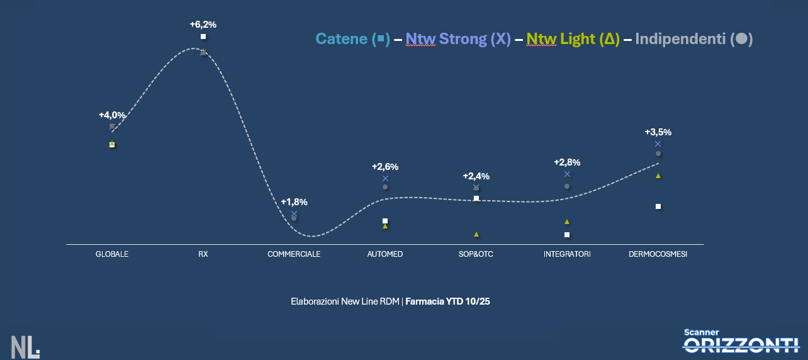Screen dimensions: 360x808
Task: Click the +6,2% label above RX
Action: (203, 25)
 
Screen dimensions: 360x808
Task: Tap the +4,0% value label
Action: (112, 115)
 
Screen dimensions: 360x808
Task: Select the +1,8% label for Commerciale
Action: (294, 202)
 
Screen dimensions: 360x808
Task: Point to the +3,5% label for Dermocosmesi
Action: (658, 132)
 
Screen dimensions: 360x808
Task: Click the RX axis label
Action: (203, 254)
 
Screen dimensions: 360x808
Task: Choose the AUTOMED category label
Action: (384, 254)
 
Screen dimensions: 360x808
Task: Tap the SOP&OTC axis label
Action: (476, 254)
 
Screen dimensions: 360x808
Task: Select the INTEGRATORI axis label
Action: (567, 254)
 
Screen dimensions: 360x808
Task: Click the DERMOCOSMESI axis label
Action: (658, 254)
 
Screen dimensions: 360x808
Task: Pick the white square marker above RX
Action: (203, 37)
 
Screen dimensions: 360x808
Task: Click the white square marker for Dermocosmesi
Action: (658, 206)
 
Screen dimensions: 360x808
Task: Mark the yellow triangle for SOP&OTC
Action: (476, 234)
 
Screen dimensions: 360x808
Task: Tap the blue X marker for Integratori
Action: (567, 174)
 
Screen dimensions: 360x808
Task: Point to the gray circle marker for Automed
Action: (385, 187)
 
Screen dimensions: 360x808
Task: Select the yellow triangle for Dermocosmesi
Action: (658, 176)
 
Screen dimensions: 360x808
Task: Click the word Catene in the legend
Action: (341, 39)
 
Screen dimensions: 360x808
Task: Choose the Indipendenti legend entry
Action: (693, 39)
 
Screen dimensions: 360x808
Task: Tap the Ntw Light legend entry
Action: (573, 39)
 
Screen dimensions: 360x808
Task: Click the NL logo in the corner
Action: (25, 347)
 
